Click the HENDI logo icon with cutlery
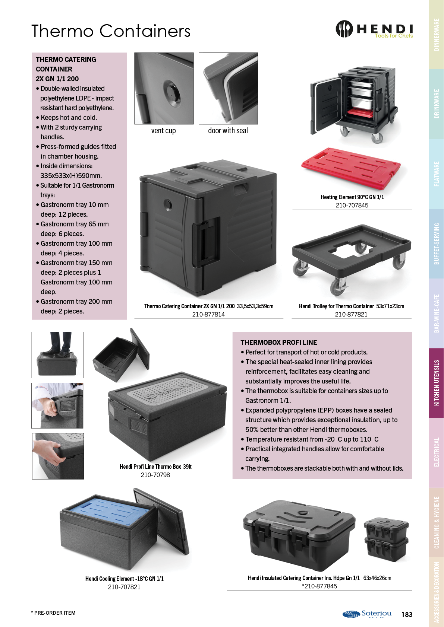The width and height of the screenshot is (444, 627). pyautogui.click(x=344, y=29)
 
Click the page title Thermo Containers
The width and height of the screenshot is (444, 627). pyautogui.click(x=111, y=31)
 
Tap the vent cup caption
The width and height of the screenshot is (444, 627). pyautogui.click(x=163, y=131)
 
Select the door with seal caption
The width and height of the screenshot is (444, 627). pyautogui.click(x=228, y=131)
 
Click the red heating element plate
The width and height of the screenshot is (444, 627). pyautogui.click(x=351, y=168)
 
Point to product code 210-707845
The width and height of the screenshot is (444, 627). pyautogui.click(x=352, y=205)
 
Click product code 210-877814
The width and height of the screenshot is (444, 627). pyautogui.click(x=208, y=314)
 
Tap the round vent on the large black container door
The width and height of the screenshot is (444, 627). pyautogui.click(x=168, y=205)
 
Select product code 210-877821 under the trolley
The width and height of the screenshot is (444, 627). pyautogui.click(x=351, y=314)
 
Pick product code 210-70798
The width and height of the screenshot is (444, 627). pyautogui.click(x=155, y=475)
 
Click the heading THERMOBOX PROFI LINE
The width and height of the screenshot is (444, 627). pyautogui.click(x=278, y=342)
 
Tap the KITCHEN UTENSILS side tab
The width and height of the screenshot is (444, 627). pyautogui.click(x=437, y=383)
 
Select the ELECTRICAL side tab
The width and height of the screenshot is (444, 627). pyautogui.click(x=437, y=452)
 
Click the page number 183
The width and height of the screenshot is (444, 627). pyautogui.click(x=407, y=614)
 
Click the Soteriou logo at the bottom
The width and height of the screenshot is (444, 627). pyautogui.click(x=367, y=614)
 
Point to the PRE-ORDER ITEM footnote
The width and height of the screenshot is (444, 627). pyautogui.click(x=53, y=613)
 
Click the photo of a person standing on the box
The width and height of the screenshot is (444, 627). pyautogui.click(x=57, y=355)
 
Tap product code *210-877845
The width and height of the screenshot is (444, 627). pyautogui.click(x=319, y=586)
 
